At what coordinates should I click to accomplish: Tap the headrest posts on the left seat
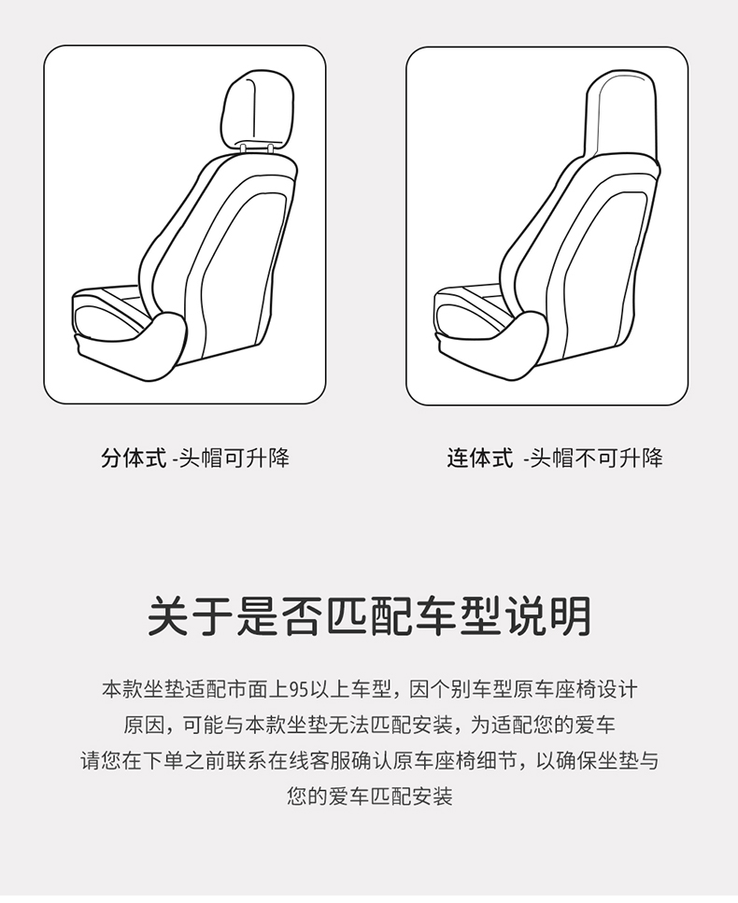pyautogui.click(x=256, y=148)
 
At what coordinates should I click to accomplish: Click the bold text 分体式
pyautogui.click(x=134, y=459)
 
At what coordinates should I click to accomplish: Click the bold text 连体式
pyautogui.click(x=480, y=459)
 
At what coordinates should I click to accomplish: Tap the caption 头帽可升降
pyautogui.click(x=234, y=459)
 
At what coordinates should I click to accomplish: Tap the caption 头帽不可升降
pyautogui.click(x=596, y=459)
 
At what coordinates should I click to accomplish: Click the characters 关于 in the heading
pyautogui.click(x=191, y=616)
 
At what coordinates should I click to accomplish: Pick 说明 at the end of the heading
pyautogui.click(x=547, y=616)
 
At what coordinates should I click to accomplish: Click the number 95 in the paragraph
pyautogui.click(x=299, y=689)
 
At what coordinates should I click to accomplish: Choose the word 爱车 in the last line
pyautogui.click(x=349, y=797)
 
